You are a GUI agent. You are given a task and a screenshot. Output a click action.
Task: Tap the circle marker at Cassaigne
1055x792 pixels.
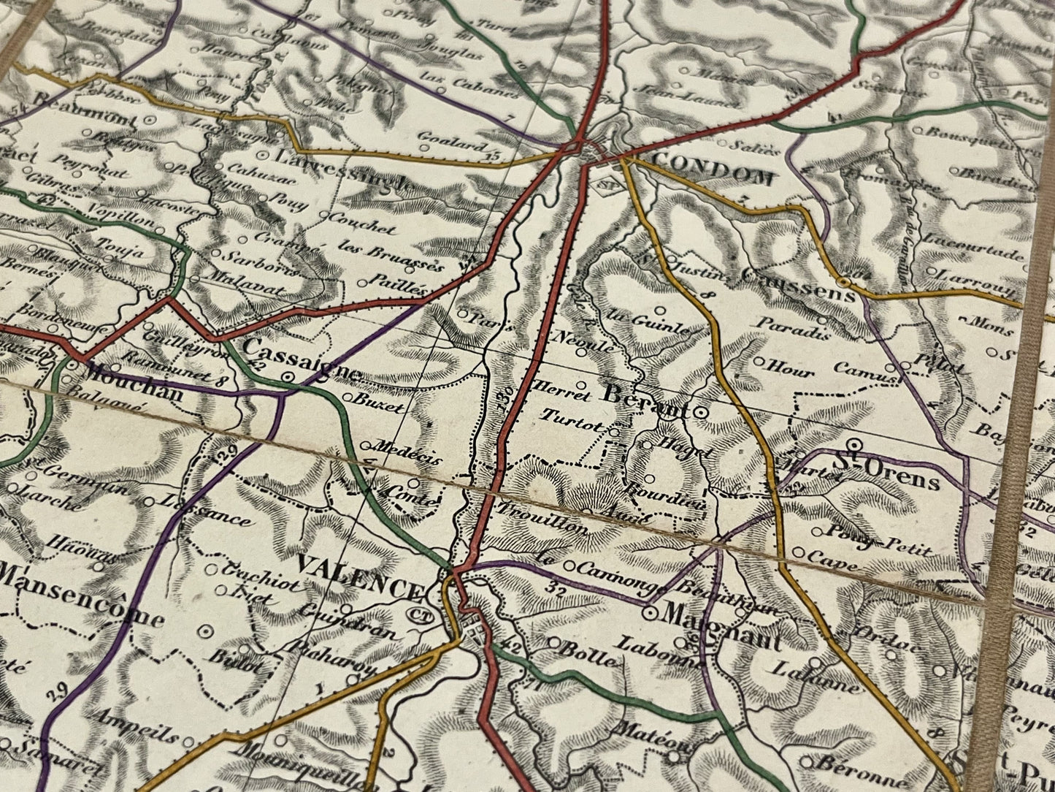click(290, 378)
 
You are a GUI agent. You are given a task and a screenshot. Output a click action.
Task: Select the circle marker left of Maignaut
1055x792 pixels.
click(648, 614)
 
